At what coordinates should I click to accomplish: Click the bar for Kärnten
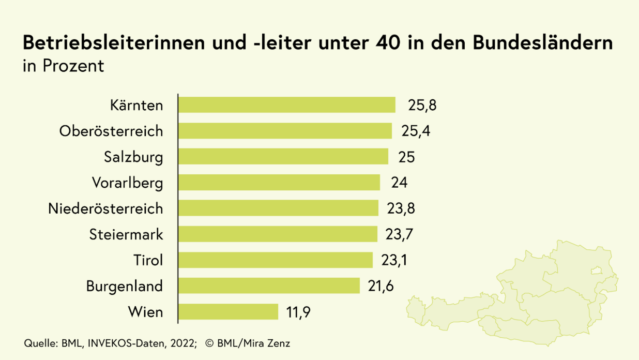click(x=286, y=105)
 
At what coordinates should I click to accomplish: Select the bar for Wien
click(x=228, y=312)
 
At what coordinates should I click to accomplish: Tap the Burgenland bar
click(x=269, y=286)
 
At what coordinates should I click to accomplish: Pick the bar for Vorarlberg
click(x=279, y=183)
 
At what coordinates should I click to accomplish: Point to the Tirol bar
click(x=275, y=260)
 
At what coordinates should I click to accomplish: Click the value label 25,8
click(x=422, y=106)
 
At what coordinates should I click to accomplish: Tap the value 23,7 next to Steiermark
click(x=399, y=235)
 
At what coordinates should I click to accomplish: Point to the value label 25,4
click(x=416, y=131)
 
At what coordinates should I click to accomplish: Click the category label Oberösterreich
click(x=111, y=131)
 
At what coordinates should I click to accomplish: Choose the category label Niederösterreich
click(x=105, y=209)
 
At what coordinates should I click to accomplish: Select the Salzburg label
click(x=133, y=157)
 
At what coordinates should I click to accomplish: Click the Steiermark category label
click(x=126, y=235)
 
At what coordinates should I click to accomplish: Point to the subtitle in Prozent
click(x=64, y=66)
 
